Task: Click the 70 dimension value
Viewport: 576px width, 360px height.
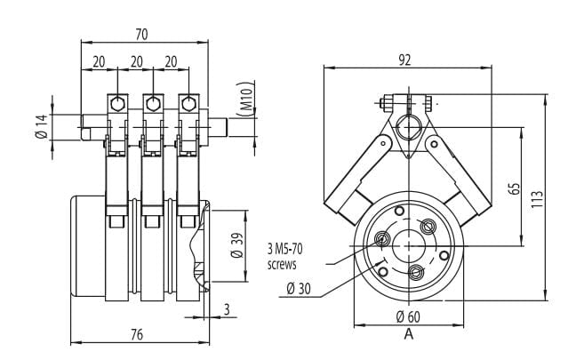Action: pyautogui.click(x=141, y=33)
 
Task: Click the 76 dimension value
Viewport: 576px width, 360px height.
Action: pyautogui.click(x=138, y=334)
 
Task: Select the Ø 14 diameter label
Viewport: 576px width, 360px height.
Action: pyautogui.click(x=40, y=126)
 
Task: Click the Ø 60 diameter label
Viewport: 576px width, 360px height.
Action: pyautogui.click(x=407, y=316)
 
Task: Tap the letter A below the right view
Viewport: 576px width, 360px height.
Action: pyautogui.click(x=408, y=334)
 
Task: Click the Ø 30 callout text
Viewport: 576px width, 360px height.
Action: pyautogui.click(x=299, y=288)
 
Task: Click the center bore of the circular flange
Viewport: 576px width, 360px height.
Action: pyautogui.click(x=407, y=244)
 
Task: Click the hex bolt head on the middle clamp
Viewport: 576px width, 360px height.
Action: pyautogui.click(x=153, y=103)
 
